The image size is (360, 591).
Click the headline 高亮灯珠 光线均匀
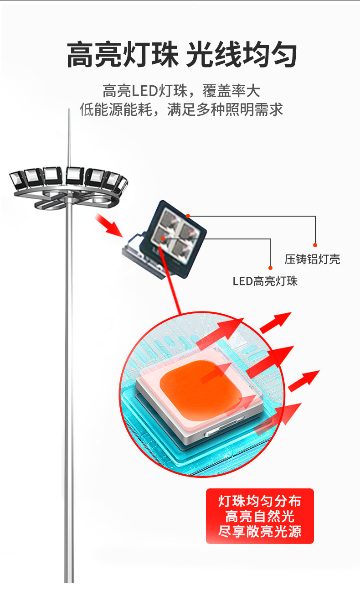pyautogui.click(x=181, y=55)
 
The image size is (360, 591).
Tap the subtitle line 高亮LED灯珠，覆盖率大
pyautogui.click(x=181, y=91)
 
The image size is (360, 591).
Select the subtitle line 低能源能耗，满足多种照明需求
pyautogui.click(x=181, y=110)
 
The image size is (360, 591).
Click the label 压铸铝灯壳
pyautogui.click(x=312, y=259)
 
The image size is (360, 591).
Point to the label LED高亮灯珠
pyautogui.click(x=265, y=281)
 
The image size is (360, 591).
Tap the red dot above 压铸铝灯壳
pyautogui.click(x=315, y=245)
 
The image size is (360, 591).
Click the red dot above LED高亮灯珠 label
pyautogui.click(x=270, y=268)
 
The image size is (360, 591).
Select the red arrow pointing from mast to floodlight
pyautogui.click(x=109, y=226)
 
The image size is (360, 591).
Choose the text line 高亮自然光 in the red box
pyautogui.click(x=260, y=517)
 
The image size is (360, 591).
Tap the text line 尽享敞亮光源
pyautogui.click(x=260, y=532)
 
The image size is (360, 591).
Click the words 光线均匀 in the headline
pyautogui.click(x=242, y=55)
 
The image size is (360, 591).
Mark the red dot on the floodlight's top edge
pyautogui.click(x=188, y=215)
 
